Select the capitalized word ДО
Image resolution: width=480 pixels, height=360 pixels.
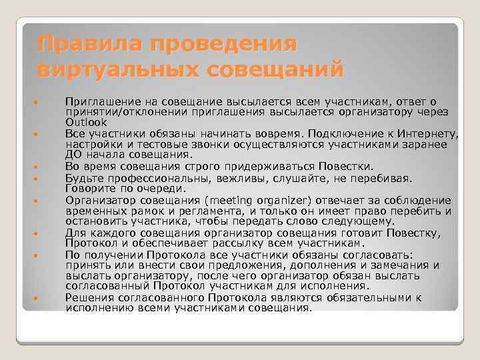pyautogui.click(x=73, y=155)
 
